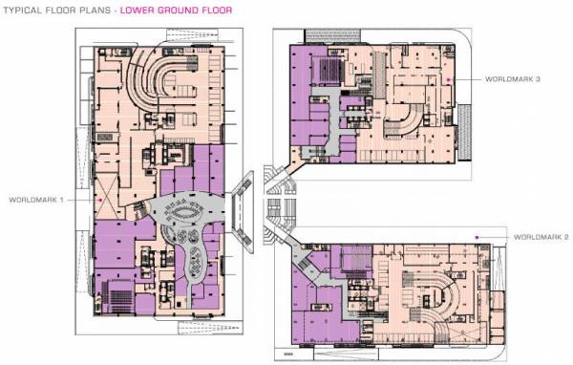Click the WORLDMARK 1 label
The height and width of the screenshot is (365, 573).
(35, 200)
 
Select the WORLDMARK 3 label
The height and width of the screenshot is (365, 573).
(512, 78)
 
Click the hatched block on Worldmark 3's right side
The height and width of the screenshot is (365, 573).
(465, 124)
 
